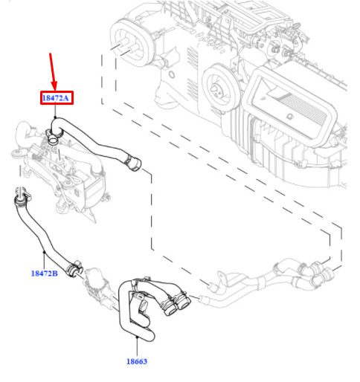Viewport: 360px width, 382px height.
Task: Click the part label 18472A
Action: [x=55, y=98]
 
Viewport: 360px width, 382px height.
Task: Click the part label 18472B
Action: [x=45, y=273]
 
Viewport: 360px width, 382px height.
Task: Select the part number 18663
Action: [x=137, y=361]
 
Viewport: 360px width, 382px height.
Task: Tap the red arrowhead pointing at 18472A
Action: [x=54, y=85]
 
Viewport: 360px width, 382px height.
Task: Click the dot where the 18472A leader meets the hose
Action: [x=55, y=117]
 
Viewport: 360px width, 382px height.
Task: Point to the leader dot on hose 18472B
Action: [x=44, y=252]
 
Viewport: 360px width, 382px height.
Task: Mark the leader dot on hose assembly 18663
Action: [x=137, y=337]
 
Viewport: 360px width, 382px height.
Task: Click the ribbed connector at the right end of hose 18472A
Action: [x=132, y=162]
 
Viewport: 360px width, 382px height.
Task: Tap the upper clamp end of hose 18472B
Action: [x=20, y=199]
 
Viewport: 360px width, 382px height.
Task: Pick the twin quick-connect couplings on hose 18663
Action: [x=176, y=304]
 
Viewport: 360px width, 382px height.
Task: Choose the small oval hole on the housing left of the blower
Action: [x=172, y=74]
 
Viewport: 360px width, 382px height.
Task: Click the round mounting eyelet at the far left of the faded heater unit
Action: [x=17, y=154]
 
